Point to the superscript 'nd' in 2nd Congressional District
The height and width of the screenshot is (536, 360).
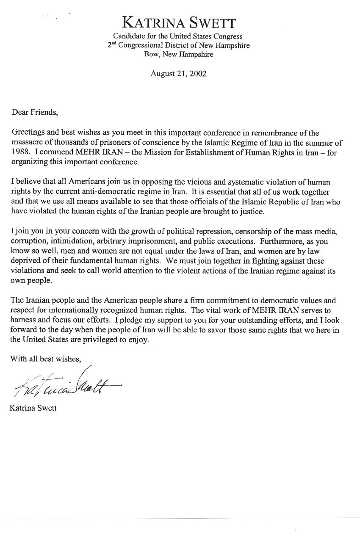click(114, 44)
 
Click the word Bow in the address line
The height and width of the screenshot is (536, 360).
click(151, 54)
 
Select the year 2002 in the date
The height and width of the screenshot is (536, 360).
click(198, 74)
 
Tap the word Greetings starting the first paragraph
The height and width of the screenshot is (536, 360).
click(27, 133)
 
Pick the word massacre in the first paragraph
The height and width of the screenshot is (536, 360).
click(26, 143)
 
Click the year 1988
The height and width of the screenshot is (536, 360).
click(19, 153)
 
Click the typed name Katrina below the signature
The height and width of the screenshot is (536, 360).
click(22, 409)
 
